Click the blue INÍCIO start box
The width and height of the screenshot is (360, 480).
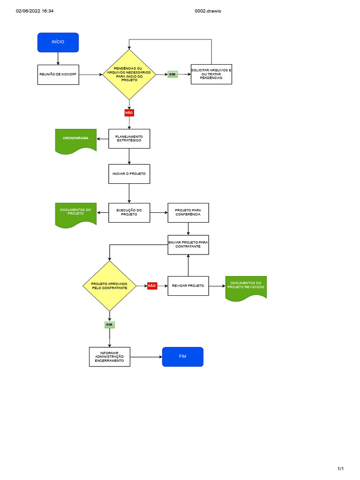58,42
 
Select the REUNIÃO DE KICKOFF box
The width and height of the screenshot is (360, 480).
58,74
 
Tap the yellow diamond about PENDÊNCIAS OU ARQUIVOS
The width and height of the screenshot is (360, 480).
129,75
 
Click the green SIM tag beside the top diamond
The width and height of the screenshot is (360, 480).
172,75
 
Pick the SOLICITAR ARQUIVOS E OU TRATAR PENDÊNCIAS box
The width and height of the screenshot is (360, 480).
211,74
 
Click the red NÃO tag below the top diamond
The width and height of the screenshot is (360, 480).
129,112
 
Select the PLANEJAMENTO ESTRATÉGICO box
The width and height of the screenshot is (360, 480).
129,139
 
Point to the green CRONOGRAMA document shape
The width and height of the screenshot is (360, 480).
75,140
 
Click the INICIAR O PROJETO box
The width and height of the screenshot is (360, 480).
129,174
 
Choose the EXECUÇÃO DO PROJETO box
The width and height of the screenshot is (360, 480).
129,213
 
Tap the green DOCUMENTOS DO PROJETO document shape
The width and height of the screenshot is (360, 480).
75,214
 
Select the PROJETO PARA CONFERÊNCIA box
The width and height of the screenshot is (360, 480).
188,213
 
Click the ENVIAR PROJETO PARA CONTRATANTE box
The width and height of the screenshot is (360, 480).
188,245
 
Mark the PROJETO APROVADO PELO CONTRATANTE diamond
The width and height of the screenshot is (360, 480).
109,285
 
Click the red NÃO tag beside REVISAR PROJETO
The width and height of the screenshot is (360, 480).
152,285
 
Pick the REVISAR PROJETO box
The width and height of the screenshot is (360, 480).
188,285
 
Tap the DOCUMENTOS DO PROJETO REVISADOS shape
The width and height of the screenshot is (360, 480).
246,287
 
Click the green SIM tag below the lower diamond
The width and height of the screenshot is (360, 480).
109,324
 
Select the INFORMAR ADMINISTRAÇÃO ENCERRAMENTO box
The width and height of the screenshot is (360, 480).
110,357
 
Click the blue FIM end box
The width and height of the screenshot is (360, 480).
182,357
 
